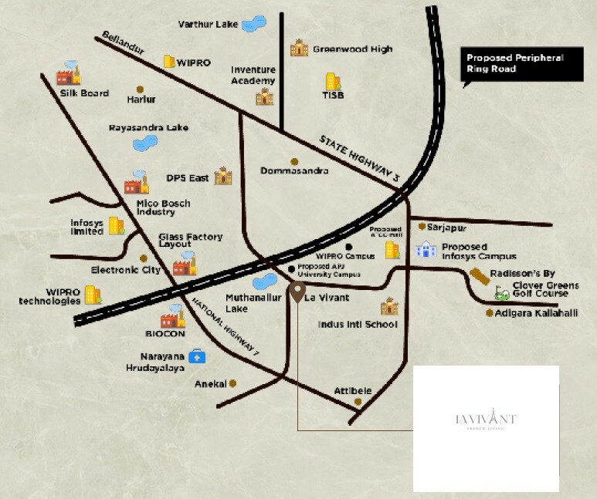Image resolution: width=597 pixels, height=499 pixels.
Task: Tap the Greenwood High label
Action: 352,49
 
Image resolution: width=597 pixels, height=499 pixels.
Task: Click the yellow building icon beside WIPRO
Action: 169,61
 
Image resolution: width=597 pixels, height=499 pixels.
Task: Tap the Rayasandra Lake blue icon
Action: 144,143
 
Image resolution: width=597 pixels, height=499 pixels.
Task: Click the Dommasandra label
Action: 294,170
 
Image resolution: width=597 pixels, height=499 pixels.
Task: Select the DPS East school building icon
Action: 223,175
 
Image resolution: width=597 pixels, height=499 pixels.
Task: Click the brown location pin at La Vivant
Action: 297,292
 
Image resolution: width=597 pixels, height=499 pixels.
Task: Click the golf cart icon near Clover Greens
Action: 503,293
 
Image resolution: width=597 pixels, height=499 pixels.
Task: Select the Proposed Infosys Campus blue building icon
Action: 426,249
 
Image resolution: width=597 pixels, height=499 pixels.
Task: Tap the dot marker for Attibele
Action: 358,402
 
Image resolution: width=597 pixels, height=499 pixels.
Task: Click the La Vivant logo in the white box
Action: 486,421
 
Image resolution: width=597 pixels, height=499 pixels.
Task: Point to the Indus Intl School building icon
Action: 388,306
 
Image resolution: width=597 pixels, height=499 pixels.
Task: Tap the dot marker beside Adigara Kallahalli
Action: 489,313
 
